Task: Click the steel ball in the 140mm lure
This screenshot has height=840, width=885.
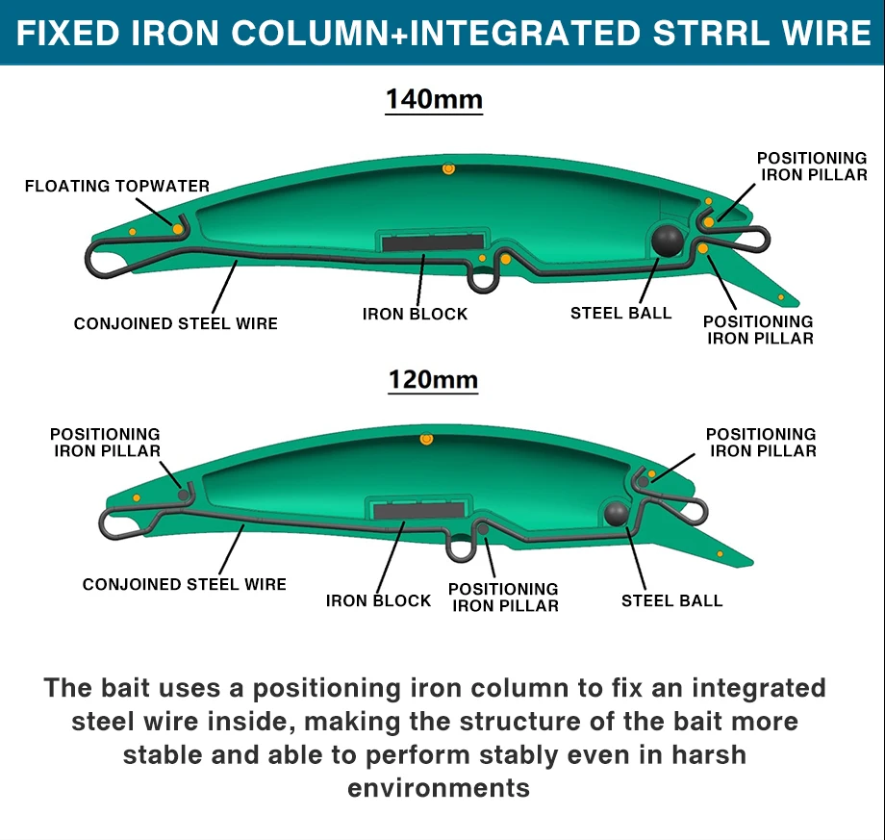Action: pos(668,242)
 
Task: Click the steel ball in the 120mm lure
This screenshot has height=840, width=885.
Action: pos(616,513)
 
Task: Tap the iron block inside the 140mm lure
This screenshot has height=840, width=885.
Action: pos(432,242)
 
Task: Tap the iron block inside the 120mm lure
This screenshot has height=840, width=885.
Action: pos(418,511)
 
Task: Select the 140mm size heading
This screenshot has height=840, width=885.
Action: pos(434,99)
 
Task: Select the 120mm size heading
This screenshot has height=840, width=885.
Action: pos(433,379)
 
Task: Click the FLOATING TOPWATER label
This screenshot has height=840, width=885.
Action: pos(117,186)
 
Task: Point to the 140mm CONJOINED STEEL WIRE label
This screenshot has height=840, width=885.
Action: pos(175,323)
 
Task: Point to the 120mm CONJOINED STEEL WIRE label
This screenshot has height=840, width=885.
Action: pos(185,584)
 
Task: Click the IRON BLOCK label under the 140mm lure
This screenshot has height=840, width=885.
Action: pos(415,314)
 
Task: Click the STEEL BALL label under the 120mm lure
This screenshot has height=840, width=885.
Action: pos(671,600)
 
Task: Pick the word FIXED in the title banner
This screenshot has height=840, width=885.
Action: pos(67,33)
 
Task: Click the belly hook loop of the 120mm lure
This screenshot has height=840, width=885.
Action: pos(461,559)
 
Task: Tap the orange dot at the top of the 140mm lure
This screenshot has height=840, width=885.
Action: pos(448,168)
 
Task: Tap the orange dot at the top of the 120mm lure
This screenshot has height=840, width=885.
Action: pos(426,439)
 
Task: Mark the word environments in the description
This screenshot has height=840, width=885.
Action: pos(439,788)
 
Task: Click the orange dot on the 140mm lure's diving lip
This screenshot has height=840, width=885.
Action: pos(781,297)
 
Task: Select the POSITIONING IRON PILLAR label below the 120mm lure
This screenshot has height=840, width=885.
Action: pos(503,598)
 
